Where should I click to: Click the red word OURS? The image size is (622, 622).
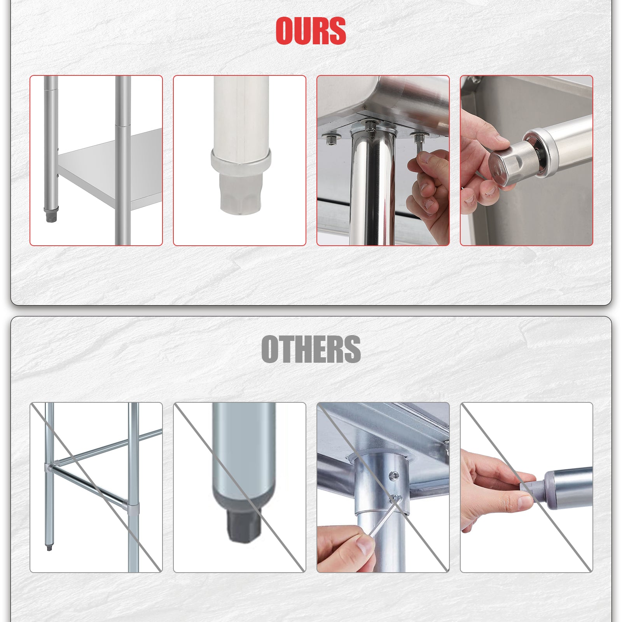tap(311, 31)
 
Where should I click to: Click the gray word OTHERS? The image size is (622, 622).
tap(311, 349)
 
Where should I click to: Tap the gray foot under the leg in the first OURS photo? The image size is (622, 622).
tap(50, 215)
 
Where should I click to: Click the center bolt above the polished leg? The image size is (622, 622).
tap(370, 126)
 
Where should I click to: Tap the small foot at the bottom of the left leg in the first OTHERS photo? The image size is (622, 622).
tap(49, 547)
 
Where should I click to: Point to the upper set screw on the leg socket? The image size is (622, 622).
tap(394, 475)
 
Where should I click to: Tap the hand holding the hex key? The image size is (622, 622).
tap(346, 548)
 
